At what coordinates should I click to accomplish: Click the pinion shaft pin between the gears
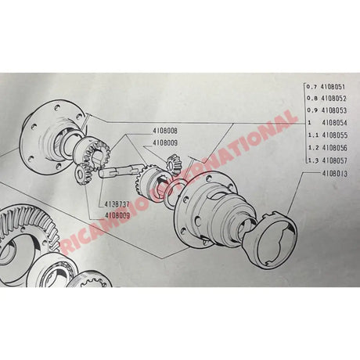coord(117,173)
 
